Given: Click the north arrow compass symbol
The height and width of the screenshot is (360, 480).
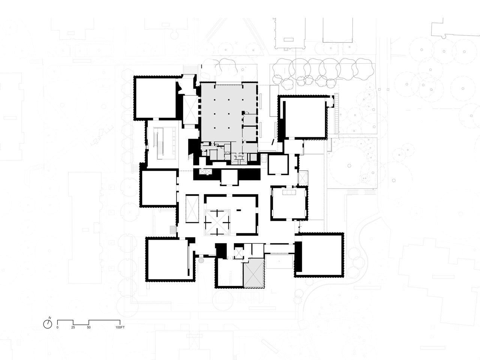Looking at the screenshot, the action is (48, 324).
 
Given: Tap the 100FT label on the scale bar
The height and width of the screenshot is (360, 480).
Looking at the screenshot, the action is (120, 327).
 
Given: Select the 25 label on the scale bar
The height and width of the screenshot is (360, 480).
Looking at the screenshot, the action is (73, 327).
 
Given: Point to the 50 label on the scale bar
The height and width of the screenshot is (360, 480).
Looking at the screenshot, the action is (89, 327).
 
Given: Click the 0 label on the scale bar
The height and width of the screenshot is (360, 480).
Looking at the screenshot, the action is (57, 327).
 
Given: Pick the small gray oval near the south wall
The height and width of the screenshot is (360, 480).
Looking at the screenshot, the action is (201, 261).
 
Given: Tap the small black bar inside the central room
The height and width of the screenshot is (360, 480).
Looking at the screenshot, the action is (239, 210).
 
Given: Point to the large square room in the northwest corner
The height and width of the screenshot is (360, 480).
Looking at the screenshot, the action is (156, 98).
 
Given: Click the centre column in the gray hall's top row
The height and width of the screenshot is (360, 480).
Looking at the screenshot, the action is (229, 100).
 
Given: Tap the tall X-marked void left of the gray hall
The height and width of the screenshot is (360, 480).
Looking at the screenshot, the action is (190, 110).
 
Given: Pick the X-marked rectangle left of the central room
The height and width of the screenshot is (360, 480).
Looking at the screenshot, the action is (192, 209).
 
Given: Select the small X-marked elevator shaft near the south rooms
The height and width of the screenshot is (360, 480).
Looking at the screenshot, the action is (238, 253).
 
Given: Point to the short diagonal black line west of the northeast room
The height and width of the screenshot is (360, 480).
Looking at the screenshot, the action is (273, 142).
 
